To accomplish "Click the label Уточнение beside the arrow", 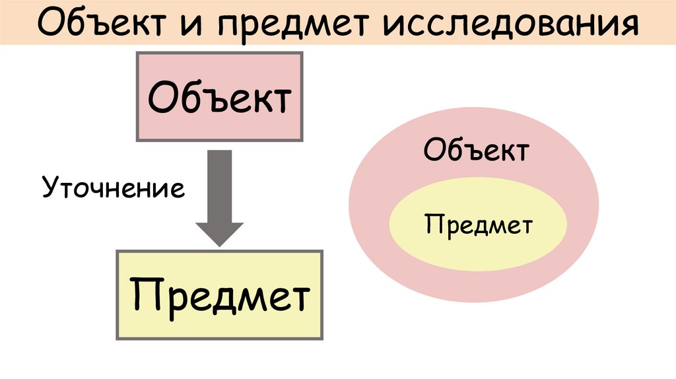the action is tap(114, 189).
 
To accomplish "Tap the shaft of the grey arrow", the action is tap(220, 185).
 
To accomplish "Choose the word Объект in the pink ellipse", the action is tap(476, 151).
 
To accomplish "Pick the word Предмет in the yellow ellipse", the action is tap(479, 226).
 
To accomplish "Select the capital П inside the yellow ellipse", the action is tap(431, 226).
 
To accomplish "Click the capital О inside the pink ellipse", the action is tap(433, 151).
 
